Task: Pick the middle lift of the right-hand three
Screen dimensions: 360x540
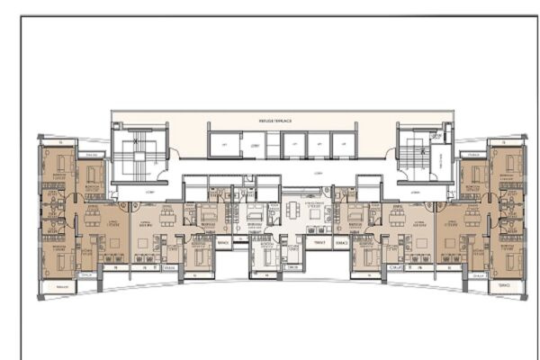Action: coord(319,144)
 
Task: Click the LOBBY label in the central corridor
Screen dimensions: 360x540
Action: coord(276,167)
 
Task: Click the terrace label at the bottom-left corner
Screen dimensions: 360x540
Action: coord(62,288)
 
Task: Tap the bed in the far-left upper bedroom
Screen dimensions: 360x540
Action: coord(60,166)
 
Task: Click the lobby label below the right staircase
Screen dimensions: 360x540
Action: coord(416,192)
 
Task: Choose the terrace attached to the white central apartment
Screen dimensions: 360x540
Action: coord(316,242)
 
